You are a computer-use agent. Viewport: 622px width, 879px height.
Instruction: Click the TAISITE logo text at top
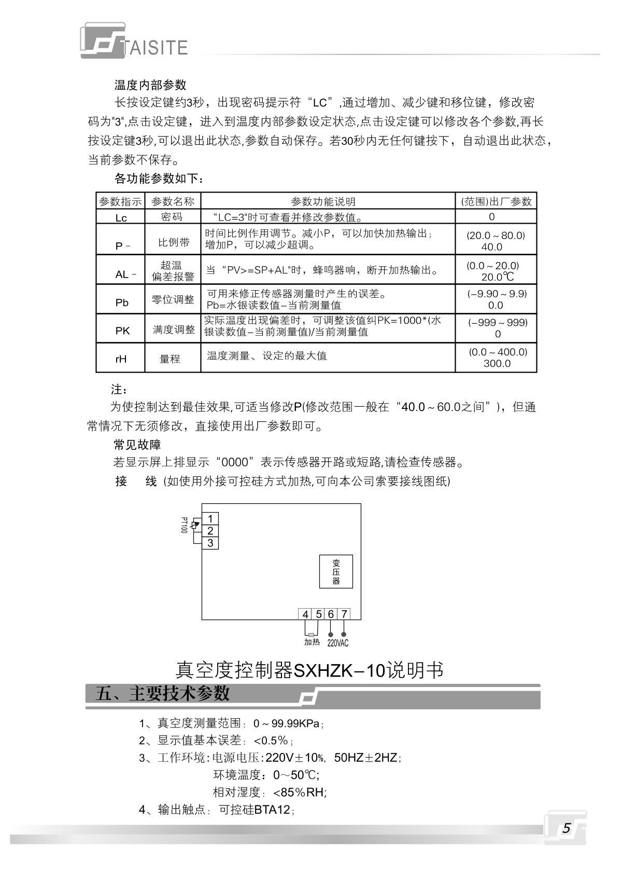tap(155, 47)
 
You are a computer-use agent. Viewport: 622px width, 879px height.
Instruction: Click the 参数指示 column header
tap(120, 202)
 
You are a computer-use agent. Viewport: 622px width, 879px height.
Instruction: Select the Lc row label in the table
tap(121, 218)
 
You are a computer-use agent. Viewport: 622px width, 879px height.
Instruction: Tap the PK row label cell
tap(122, 331)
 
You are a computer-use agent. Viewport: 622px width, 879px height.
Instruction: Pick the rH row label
tap(121, 359)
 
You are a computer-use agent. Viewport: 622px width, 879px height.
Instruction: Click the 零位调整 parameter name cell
tap(173, 300)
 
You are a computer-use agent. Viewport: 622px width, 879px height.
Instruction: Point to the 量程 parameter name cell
tap(170, 359)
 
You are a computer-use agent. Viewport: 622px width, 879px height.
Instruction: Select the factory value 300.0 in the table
tap(497, 363)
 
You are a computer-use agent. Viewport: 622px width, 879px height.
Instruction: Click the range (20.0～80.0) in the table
tap(496, 235)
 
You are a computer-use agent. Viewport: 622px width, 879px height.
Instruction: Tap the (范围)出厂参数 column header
tap(496, 202)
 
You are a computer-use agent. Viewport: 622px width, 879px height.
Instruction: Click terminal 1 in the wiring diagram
tap(210, 518)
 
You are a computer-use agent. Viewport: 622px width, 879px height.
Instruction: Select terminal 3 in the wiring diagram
tap(210, 543)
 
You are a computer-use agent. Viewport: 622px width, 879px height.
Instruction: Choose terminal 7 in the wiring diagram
tap(344, 614)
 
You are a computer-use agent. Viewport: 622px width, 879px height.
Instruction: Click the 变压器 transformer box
tap(336, 571)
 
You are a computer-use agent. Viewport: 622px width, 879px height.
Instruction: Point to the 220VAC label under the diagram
tap(337, 643)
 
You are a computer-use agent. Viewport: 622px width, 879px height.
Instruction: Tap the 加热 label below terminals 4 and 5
tap(312, 642)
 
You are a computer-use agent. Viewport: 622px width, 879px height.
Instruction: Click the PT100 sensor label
tap(183, 525)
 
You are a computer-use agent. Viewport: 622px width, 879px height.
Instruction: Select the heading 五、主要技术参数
tap(162, 694)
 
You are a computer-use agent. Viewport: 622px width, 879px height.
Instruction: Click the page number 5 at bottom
tap(566, 828)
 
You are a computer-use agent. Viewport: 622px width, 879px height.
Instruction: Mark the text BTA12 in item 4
tap(272, 809)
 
